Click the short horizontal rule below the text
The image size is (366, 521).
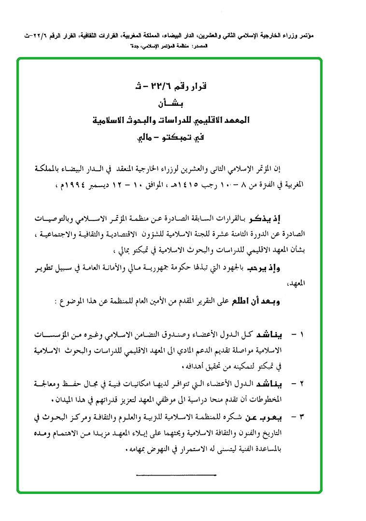(x=176, y=476)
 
